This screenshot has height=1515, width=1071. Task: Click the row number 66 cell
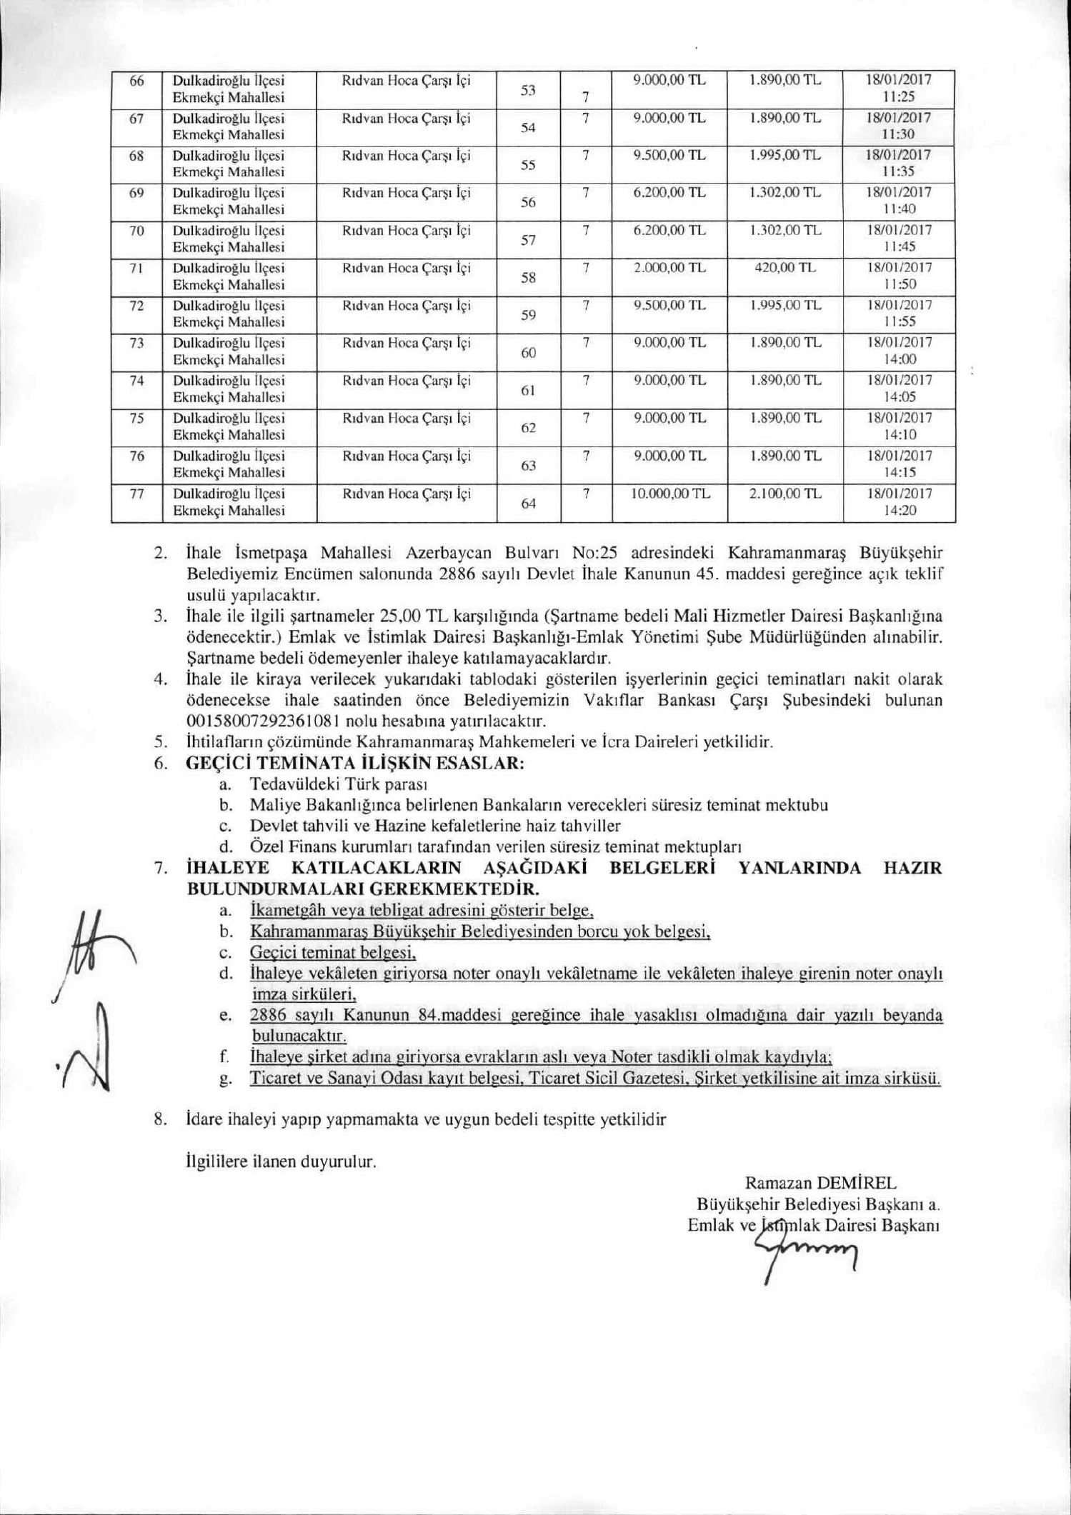pyautogui.click(x=136, y=81)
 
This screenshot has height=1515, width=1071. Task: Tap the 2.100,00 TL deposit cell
pyautogui.click(x=785, y=494)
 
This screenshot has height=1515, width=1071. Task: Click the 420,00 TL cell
pyautogui.click(x=785, y=268)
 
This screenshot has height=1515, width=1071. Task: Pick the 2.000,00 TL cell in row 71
pyautogui.click(x=669, y=268)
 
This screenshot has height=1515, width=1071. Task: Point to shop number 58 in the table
pyautogui.click(x=528, y=277)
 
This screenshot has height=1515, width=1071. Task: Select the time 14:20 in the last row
pyautogui.click(x=900, y=510)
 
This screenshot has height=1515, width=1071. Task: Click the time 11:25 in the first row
pyautogui.click(x=900, y=97)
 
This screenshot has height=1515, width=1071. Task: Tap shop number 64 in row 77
pyautogui.click(x=528, y=504)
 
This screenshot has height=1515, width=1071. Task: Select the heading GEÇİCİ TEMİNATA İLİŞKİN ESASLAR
pyautogui.click(x=355, y=762)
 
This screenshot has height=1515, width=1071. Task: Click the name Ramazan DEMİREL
pyautogui.click(x=820, y=1182)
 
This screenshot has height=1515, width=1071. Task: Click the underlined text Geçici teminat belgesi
pyautogui.click(x=333, y=953)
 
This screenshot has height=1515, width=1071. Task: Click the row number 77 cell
pyautogui.click(x=136, y=494)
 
